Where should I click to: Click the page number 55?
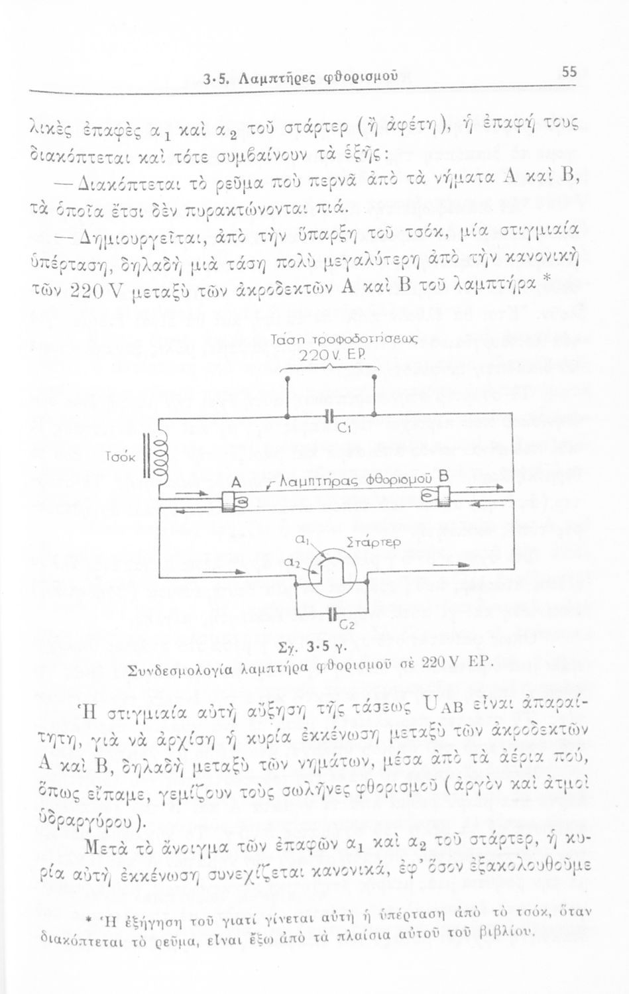point(569,71)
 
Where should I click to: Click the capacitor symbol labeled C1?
point(329,416)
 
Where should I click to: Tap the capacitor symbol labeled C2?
point(331,614)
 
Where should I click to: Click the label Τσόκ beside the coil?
point(120,457)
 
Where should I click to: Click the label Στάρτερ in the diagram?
point(372,542)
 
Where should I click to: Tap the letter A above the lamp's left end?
point(236,483)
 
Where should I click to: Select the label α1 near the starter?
point(301,541)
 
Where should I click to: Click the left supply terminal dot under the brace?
point(287,378)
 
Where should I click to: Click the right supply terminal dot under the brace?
point(374,377)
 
